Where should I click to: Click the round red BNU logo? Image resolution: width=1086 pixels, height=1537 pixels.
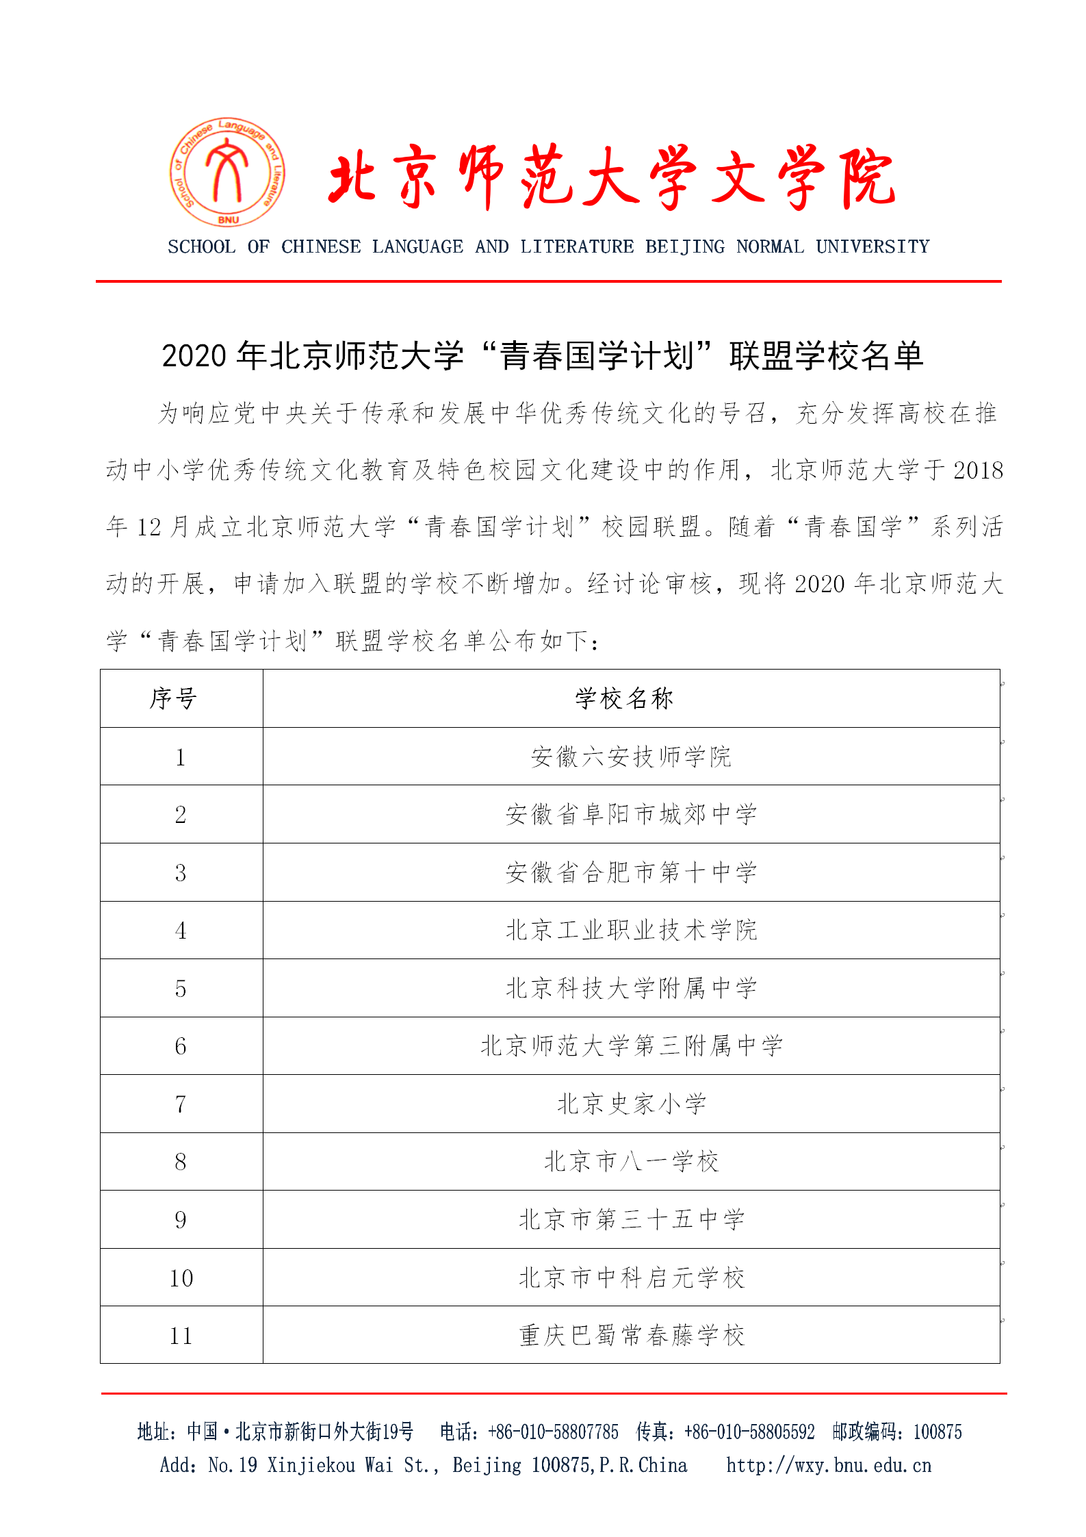tap(228, 172)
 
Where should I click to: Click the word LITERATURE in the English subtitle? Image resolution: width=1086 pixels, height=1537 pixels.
tap(577, 246)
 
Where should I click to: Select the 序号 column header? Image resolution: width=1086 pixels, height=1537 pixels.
tap(174, 699)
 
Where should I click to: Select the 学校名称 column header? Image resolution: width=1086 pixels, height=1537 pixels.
tap(624, 699)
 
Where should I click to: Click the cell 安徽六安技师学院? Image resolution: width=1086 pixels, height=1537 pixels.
tap(631, 757)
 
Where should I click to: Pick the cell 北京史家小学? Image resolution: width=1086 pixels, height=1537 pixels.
tap(631, 1104)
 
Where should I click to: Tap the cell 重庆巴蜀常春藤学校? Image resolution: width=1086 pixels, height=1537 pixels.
tap(631, 1336)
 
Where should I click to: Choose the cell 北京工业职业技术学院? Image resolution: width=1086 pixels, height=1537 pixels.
tap(631, 930)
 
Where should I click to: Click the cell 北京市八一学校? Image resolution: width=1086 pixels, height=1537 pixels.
tap(631, 1162)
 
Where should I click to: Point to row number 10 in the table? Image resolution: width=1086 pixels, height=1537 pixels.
tap(181, 1278)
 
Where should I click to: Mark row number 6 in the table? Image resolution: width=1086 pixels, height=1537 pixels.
tap(181, 1046)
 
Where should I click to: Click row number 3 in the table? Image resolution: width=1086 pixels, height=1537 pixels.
tap(181, 873)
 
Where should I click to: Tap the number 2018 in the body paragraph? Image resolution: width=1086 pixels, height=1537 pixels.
tap(978, 470)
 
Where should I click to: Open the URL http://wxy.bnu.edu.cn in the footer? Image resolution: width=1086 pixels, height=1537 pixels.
tap(829, 1465)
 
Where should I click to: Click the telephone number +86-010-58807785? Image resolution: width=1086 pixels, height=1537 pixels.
tap(553, 1432)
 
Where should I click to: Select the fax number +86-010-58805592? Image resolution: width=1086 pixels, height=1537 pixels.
tap(749, 1432)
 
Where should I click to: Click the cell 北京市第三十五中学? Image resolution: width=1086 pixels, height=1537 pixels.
tap(631, 1220)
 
